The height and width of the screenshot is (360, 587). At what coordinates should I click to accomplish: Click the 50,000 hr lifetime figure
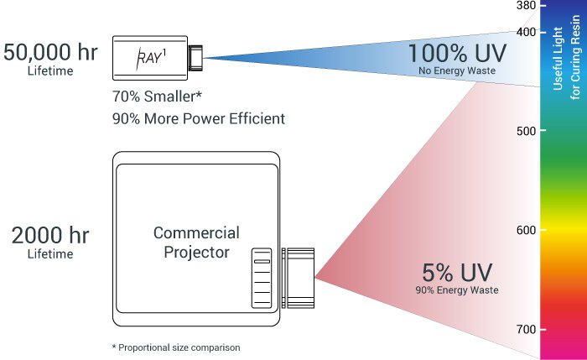pyautogui.click(x=50, y=52)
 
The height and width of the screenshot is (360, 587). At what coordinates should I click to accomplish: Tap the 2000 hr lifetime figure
pyautogui.click(x=50, y=235)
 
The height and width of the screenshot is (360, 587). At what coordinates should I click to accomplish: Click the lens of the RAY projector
pyautogui.click(x=195, y=58)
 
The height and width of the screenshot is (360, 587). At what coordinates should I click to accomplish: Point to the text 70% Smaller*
pyautogui.click(x=157, y=97)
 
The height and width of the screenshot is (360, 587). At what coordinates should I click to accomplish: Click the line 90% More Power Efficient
pyautogui.click(x=199, y=119)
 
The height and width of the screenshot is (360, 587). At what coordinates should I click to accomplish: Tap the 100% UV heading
pyautogui.click(x=457, y=53)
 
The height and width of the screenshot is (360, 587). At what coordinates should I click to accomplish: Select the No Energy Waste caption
pyautogui.click(x=457, y=70)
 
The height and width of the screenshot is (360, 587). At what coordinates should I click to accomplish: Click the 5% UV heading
pyautogui.click(x=457, y=273)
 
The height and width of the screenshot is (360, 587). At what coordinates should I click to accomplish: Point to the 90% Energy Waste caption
pyautogui.click(x=457, y=290)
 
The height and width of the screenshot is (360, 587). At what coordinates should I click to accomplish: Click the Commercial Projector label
pyautogui.click(x=196, y=243)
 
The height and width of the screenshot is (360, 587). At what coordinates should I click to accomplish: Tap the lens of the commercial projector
pyautogui.click(x=298, y=278)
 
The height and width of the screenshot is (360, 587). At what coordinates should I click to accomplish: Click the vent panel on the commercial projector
pyautogui.click(x=262, y=278)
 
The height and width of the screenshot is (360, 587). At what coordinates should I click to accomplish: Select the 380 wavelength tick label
pyautogui.click(x=526, y=5)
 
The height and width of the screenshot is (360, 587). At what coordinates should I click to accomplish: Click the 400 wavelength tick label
pyautogui.click(x=526, y=32)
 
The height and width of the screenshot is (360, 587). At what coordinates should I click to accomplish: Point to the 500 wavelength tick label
pyautogui.click(x=526, y=131)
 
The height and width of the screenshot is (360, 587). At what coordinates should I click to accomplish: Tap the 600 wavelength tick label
pyautogui.click(x=526, y=230)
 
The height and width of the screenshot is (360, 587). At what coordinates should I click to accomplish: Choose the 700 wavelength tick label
pyautogui.click(x=526, y=329)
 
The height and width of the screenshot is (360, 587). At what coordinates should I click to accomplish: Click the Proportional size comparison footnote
pyautogui.click(x=176, y=347)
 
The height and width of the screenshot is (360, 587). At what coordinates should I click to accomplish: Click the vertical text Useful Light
pyautogui.click(x=558, y=59)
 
